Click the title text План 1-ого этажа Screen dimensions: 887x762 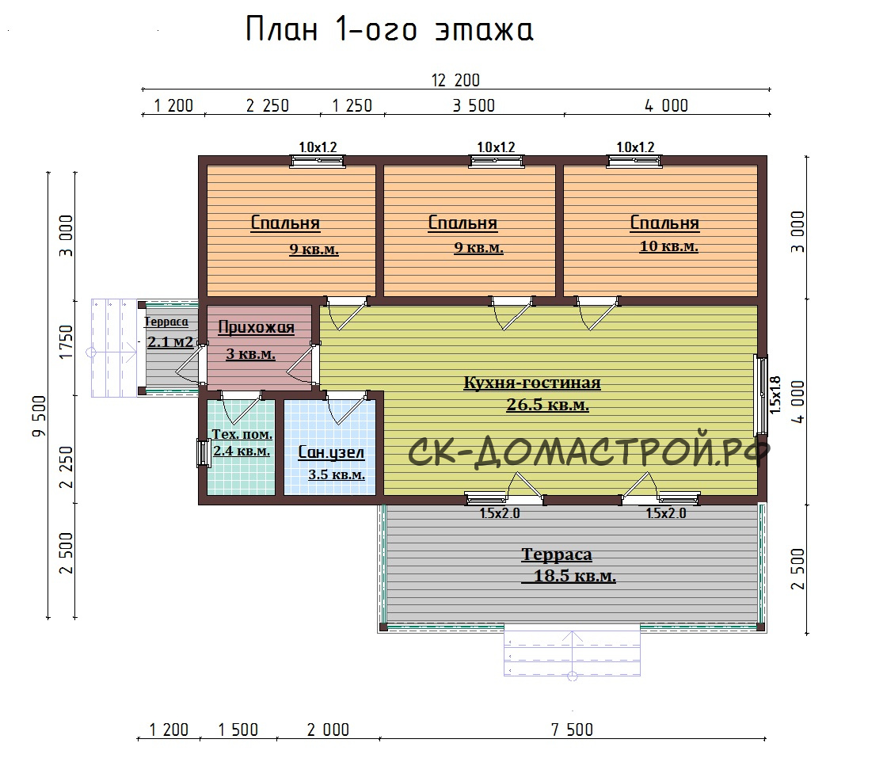point(389,29)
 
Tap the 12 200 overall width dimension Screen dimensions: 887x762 point(455,80)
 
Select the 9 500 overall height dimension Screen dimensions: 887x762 point(39,416)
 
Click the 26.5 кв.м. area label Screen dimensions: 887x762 point(547,405)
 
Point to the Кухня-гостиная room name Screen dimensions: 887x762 point(531,383)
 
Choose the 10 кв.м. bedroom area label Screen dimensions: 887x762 point(668,246)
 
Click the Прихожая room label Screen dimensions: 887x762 point(257,328)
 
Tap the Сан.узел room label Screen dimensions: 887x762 point(331,452)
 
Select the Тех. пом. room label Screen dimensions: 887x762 point(242,434)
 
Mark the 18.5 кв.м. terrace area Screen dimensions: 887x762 point(574,576)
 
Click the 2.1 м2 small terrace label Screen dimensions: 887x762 point(170,341)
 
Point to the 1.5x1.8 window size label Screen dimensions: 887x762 point(775,394)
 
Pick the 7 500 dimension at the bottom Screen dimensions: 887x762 point(572,730)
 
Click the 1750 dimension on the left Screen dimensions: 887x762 point(67,341)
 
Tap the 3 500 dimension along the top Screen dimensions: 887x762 point(474,106)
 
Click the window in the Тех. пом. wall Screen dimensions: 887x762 point(203,453)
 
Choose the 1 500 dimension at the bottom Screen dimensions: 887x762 point(238,730)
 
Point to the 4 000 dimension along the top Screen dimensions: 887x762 point(666,106)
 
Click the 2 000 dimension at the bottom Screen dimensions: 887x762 point(328,730)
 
